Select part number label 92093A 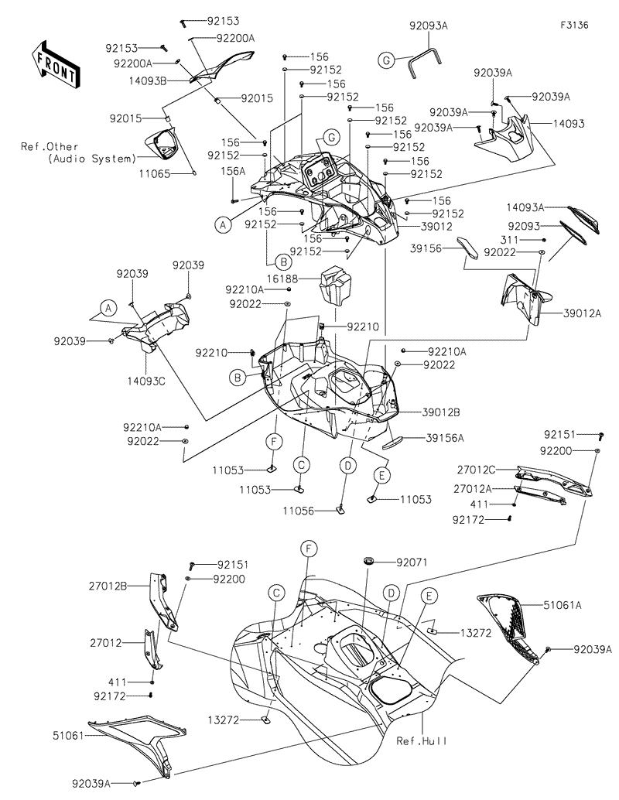pyautogui.click(x=429, y=26)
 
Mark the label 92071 pyautogui.click(x=412, y=561)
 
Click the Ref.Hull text pyautogui.click(x=422, y=740)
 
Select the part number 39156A pyautogui.click(x=444, y=437)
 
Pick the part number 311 pyautogui.click(x=530, y=241)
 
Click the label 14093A pyautogui.click(x=525, y=207)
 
